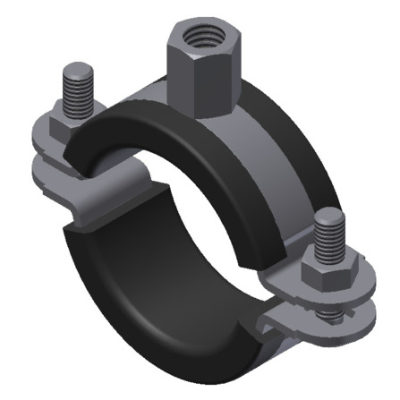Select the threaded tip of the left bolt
77,85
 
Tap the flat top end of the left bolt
77,68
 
